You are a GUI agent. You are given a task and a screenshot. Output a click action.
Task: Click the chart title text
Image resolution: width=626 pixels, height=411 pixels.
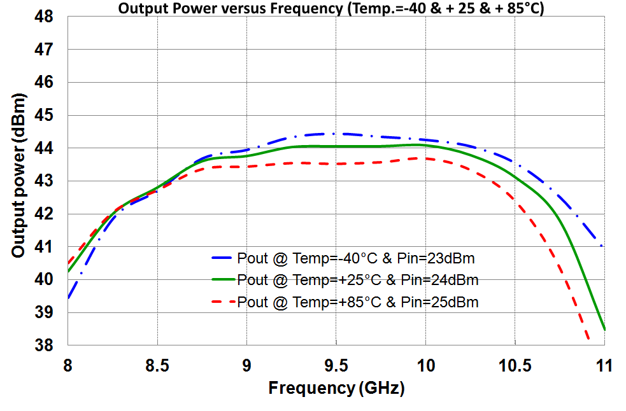pos(331,8)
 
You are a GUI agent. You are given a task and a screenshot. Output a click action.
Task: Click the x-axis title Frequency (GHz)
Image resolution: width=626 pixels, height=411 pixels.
pos(336,388)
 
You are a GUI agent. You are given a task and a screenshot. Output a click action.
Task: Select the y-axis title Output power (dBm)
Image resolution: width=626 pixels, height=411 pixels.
pos(18,176)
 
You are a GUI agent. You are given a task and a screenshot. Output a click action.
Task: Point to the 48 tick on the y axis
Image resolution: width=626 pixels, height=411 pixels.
pos(44,17)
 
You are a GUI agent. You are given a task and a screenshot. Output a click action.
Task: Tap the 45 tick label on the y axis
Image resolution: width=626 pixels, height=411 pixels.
pos(44,115)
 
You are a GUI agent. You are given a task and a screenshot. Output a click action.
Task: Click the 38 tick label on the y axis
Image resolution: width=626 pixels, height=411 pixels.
pos(44,345)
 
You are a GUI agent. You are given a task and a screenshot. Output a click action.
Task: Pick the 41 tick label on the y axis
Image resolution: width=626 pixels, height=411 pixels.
pos(44,247)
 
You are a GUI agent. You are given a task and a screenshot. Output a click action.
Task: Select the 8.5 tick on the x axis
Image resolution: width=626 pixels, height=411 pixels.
pos(157,365)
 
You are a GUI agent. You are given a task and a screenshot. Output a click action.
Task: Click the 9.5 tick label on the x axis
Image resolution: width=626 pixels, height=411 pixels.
pos(336,365)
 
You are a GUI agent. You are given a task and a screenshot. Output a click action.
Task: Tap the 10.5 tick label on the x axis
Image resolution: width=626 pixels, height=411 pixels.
pos(515,365)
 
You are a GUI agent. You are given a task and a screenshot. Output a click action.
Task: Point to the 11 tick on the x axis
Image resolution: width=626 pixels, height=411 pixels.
pos(604,365)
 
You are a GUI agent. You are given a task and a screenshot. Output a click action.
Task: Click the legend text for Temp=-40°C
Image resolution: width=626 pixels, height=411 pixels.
pos(356,258)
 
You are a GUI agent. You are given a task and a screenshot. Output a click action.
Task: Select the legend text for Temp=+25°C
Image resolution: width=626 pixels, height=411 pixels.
pos(358,280)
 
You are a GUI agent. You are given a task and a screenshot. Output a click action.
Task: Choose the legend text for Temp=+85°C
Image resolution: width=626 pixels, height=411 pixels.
pos(358,302)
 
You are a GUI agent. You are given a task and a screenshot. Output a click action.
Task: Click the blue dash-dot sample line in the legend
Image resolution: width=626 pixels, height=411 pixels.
pos(222,258)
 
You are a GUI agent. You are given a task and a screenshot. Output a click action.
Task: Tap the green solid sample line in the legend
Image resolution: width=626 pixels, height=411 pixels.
pos(223,280)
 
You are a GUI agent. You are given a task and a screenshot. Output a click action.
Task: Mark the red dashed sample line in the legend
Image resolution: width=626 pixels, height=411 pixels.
pos(223,302)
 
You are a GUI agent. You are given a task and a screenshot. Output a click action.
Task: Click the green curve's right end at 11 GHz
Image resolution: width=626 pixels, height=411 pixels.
pos(604,330)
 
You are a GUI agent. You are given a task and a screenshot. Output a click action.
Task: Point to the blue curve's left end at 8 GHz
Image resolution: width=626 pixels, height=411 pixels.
pos(68,298)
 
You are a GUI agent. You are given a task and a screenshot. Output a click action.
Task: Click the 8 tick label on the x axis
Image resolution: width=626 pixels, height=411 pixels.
pos(68,365)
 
